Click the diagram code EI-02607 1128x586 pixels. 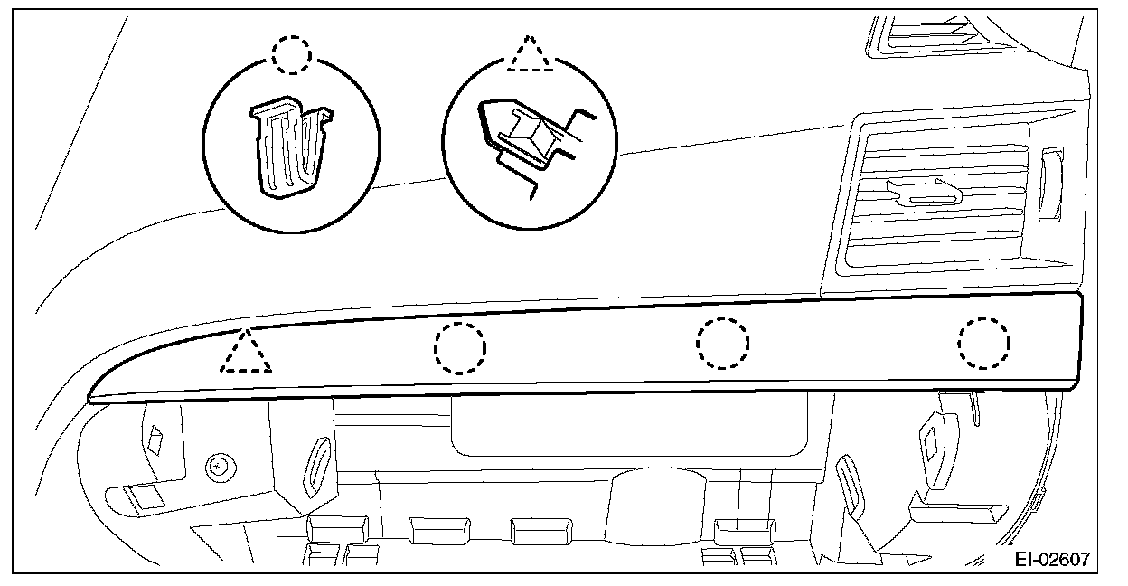[1051, 561]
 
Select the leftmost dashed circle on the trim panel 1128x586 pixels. [459, 346]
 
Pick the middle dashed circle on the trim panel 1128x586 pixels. [722, 344]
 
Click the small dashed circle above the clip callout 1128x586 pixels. [291, 56]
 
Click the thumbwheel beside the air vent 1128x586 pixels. [1052, 184]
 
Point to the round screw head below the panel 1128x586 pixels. [218, 468]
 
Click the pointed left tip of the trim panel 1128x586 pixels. [91, 397]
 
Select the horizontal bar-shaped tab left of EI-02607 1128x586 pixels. [954, 515]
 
